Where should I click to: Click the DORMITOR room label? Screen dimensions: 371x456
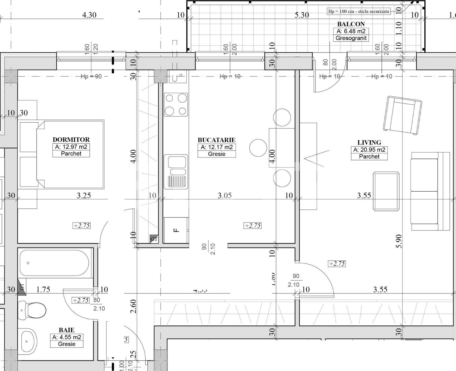click(71, 139)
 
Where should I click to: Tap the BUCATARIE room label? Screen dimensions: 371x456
click(216, 140)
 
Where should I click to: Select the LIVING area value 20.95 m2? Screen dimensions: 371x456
click(369, 150)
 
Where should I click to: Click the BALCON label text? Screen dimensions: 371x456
click(351, 24)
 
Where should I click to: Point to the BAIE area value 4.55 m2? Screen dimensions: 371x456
click(67, 337)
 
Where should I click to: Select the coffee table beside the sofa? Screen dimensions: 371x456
click(386, 191)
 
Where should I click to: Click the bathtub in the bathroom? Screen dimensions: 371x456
click(54, 263)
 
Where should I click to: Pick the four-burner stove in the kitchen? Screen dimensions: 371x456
click(176, 104)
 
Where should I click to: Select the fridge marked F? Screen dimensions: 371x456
click(176, 230)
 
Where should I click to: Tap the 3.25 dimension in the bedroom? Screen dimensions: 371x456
click(84, 195)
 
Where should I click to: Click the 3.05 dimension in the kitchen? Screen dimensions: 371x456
click(225, 195)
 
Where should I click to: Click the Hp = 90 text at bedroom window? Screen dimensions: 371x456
click(91, 76)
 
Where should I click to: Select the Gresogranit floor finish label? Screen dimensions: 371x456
click(351, 38)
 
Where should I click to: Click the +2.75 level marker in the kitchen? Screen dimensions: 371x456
click(253, 226)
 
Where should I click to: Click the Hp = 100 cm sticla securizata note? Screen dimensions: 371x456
click(359, 11)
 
